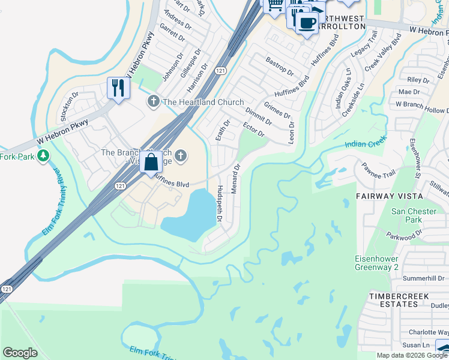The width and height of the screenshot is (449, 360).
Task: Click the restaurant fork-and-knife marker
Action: click(118, 88)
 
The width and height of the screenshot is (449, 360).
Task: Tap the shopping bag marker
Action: click(151, 162)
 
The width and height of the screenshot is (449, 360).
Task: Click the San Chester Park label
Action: click(414, 216)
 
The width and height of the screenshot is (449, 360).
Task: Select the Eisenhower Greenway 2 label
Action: click(401, 263)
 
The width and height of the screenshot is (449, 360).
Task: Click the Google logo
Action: click(20, 353)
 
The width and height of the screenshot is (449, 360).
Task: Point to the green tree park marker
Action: click(43, 157)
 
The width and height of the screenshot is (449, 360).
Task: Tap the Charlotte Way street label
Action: click(426, 332)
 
